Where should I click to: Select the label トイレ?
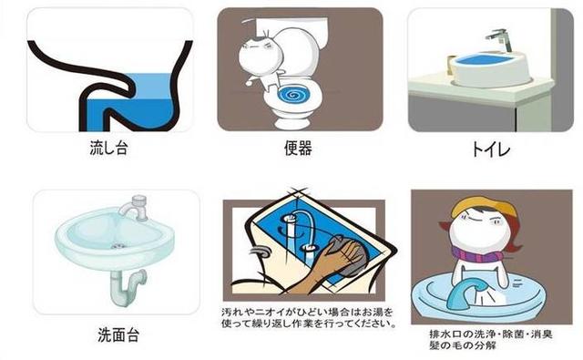coord(479,146)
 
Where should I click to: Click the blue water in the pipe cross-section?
coord(137,91)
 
